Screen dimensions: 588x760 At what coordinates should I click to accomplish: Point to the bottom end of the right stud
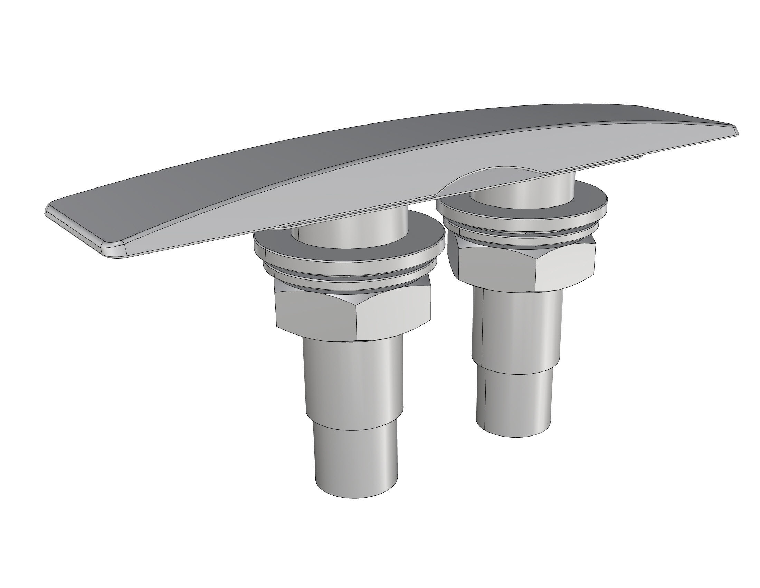(513, 430)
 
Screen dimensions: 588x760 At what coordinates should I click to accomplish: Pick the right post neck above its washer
(522, 188)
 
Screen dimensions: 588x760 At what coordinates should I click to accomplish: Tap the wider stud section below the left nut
(353, 376)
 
